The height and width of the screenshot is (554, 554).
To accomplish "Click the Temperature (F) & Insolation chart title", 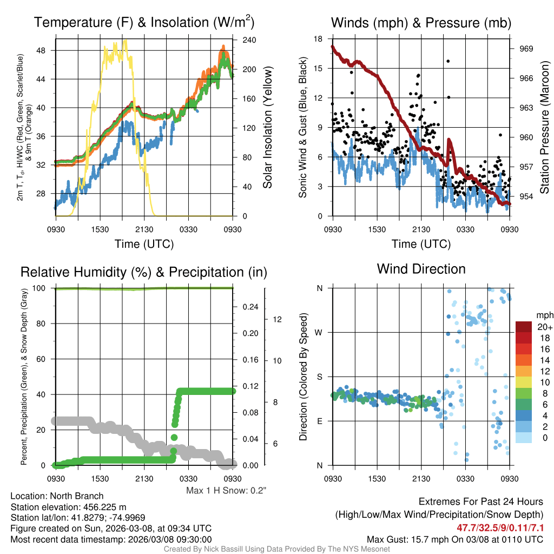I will click(144, 23).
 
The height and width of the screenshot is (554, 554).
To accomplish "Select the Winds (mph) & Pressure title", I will click(421, 23).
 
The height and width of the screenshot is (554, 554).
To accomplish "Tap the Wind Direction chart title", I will click(421, 269).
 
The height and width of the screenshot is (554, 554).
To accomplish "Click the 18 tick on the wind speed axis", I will click(318, 39).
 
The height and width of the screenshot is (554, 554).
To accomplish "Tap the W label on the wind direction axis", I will click(319, 332).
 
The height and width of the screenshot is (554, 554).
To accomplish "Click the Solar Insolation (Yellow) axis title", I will click(267, 127).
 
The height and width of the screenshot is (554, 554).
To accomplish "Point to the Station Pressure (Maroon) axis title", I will click(545, 127).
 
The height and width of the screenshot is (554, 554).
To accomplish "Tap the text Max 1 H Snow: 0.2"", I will click(226, 491).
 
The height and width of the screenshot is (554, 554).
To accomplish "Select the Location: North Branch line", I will click(57, 496).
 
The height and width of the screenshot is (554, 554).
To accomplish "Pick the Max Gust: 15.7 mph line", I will click(454, 539).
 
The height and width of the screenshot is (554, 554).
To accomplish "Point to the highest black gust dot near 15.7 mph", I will click(448, 61).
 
